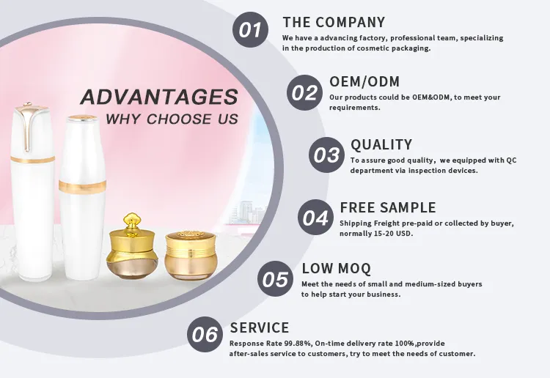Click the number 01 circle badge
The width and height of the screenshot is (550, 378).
click(251, 30)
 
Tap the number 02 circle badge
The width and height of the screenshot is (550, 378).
click(304, 92)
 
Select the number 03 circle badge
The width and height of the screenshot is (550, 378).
click(326, 155)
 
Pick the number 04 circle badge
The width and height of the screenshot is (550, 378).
click(315, 217)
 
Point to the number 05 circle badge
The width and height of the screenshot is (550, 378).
click(275, 279)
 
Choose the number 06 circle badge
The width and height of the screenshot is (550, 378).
click(205, 334)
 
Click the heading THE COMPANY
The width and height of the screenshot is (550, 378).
click(334, 22)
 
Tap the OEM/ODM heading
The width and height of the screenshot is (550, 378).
click(364, 81)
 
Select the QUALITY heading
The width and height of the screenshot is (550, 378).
click(381, 144)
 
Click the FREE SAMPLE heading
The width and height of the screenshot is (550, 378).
click(388, 207)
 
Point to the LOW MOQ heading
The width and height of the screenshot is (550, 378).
click(337, 268)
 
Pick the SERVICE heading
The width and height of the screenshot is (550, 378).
click(260, 327)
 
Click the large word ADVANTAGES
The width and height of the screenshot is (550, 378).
click(159, 97)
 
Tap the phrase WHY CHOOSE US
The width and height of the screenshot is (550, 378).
click(172, 119)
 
